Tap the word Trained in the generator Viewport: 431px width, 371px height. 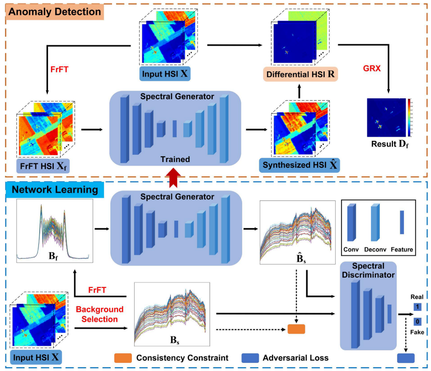pos(175,159)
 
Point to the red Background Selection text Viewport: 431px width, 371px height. pos(99,314)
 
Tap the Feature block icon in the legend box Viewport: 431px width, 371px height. pos(402,223)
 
